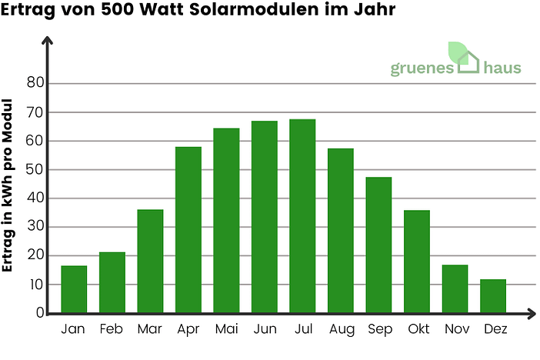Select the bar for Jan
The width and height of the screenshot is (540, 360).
[74, 289]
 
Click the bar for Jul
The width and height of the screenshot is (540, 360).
[302, 216]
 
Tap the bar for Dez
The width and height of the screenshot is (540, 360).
[493, 296]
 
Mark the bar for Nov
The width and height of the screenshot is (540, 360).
[455, 289]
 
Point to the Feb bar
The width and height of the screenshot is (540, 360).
[112, 282]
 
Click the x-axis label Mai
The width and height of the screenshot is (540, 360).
[226, 329]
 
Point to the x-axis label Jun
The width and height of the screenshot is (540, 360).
[265, 329]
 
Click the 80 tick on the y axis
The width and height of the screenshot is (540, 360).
[35, 83]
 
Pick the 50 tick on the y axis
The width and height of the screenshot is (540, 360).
[35, 169]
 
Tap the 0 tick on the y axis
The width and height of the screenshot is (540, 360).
[39, 313]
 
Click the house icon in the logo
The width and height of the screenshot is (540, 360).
[468, 61]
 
